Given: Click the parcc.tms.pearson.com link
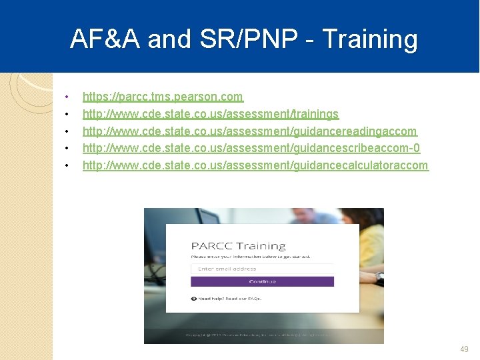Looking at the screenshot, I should click(x=163, y=97).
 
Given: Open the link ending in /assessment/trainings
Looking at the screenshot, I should click(x=211, y=114).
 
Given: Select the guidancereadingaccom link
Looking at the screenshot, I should click(x=249, y=131).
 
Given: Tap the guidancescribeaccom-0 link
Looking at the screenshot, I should click(x=251, y=148).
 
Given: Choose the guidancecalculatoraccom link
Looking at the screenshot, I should click(x=255, y=165).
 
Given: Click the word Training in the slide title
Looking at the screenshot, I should click(x=370, y=39).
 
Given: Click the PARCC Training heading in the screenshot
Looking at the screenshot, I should click(x=238, y=246).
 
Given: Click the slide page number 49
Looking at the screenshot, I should click(x=465, y=349).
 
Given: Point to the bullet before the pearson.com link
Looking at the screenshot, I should click(x=67, y=97).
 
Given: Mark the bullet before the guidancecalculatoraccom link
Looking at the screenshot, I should click(x=67, y=165).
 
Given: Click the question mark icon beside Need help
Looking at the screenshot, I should click(x=194, y=299).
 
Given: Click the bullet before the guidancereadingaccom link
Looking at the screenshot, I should click(x=67, y=132).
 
